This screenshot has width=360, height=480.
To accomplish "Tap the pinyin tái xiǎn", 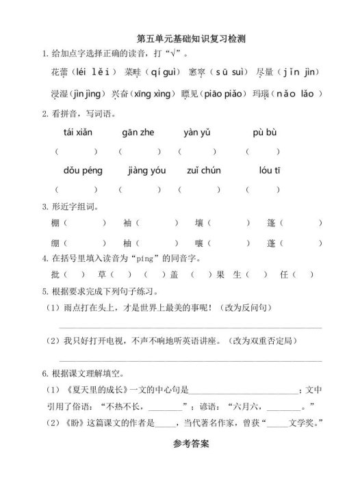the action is pyautogui.click(x=77, y=133).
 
